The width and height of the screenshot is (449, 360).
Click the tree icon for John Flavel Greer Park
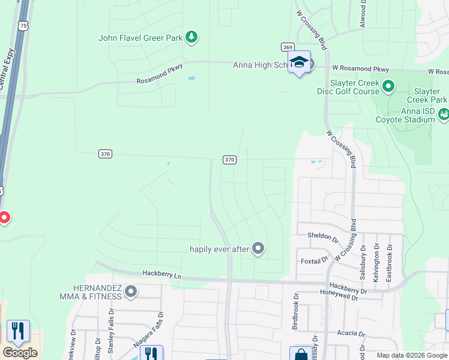coord(191,38)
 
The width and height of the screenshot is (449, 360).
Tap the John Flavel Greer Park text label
coord(140,38)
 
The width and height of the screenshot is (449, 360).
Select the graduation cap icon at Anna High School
coord(299,62)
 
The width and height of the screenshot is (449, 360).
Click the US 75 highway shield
coord(23,25)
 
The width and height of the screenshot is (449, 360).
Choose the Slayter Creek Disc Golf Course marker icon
coord(388,87)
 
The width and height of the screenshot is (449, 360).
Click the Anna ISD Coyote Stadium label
coord(405,115)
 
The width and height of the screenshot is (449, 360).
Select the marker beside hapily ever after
coord(258,248)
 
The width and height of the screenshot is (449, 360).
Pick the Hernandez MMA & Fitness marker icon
coord(131,292)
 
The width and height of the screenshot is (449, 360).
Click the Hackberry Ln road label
coord(161,274)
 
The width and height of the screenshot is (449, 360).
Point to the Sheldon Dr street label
coord(323,236)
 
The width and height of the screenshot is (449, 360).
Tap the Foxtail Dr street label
coord(313,260)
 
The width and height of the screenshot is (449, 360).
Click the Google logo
coord(20,353)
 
